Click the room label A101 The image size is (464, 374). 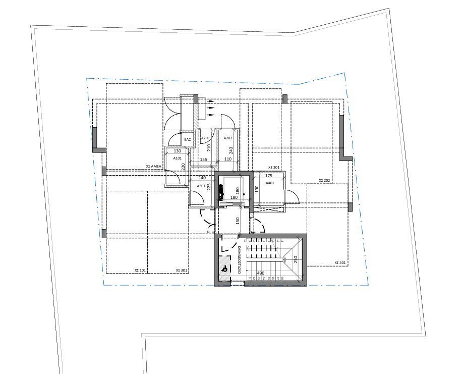tap(178, 158)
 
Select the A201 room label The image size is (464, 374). tap(205, 138)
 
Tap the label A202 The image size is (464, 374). tap(228, 138)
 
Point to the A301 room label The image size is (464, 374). tap(201, 186)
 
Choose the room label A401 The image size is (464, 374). tap(270, 183)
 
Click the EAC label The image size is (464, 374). tap(188, 139)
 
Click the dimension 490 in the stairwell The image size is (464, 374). tap(261, 273)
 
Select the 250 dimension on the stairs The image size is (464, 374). tap(296, 259)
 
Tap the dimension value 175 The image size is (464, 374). tap(269, 176)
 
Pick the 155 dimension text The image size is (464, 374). tap(203, 159)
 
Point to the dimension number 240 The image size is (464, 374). tap(231, 150)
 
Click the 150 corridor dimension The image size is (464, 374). tap(237, 221)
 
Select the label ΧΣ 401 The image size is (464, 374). tap(340, 263)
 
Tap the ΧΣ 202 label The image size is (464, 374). tap(324, 180)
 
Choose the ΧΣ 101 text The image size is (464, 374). tap(140, 271)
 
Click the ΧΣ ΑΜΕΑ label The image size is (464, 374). tap(154, 166)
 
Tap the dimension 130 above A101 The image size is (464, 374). tap(177, 151)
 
